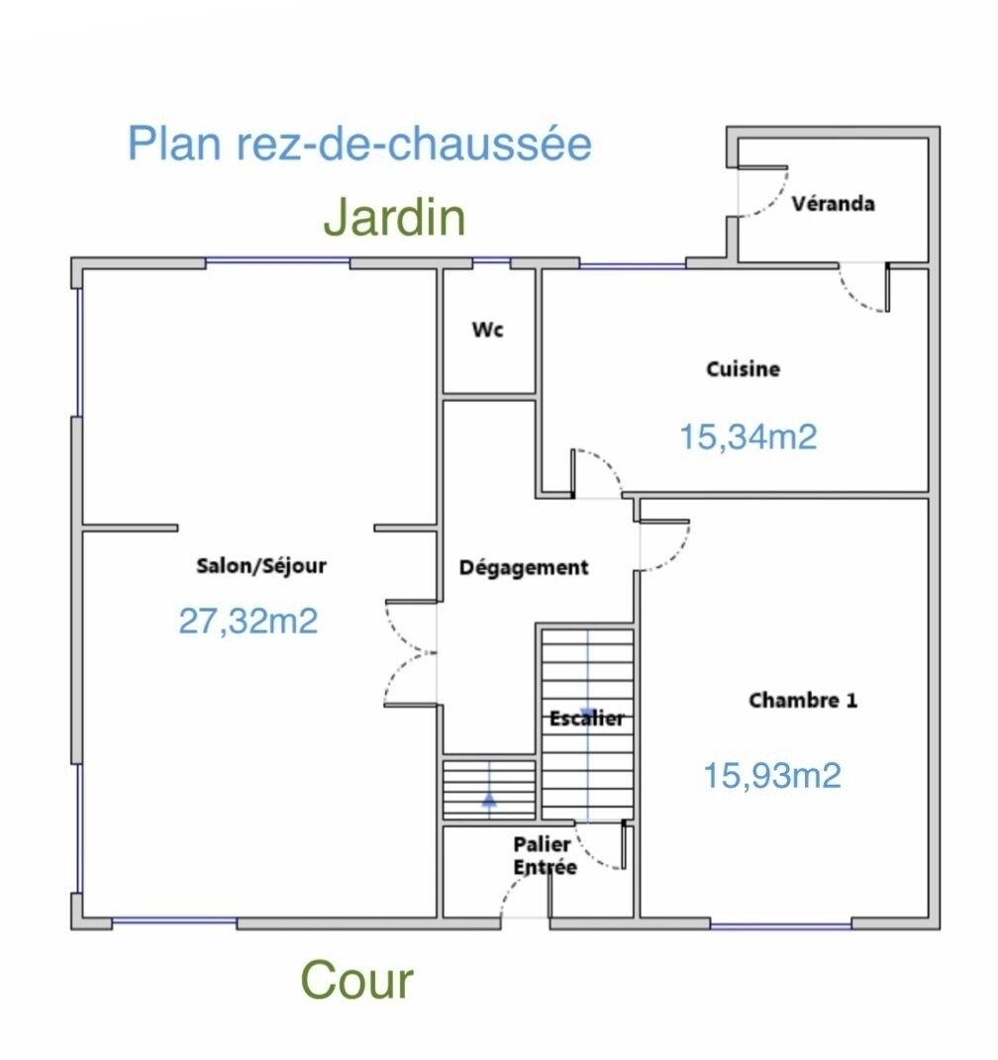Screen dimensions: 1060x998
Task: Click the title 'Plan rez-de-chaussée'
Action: (359, 145)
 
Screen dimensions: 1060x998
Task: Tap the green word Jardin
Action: (395, 218)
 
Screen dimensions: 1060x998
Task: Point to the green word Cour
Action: (356, 981)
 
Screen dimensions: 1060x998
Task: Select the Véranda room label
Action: (833, 204)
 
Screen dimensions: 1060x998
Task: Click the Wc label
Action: (487, 330)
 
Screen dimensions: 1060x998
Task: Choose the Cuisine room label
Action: (743, 369)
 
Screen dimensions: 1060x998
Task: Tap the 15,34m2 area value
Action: (748, 436)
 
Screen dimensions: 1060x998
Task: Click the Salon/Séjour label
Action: (261, 566)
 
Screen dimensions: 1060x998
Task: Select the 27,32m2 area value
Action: (249, 621)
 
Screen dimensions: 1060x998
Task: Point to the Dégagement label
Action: (524, 568)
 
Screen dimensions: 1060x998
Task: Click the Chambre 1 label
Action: (803, 701)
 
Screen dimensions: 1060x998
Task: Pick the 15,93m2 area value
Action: (772, 775)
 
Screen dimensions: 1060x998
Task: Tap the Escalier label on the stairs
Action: (587, 719)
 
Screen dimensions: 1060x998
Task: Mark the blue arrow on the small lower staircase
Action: (489, 799)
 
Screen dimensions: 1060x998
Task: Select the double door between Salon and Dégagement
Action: (409, 653)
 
